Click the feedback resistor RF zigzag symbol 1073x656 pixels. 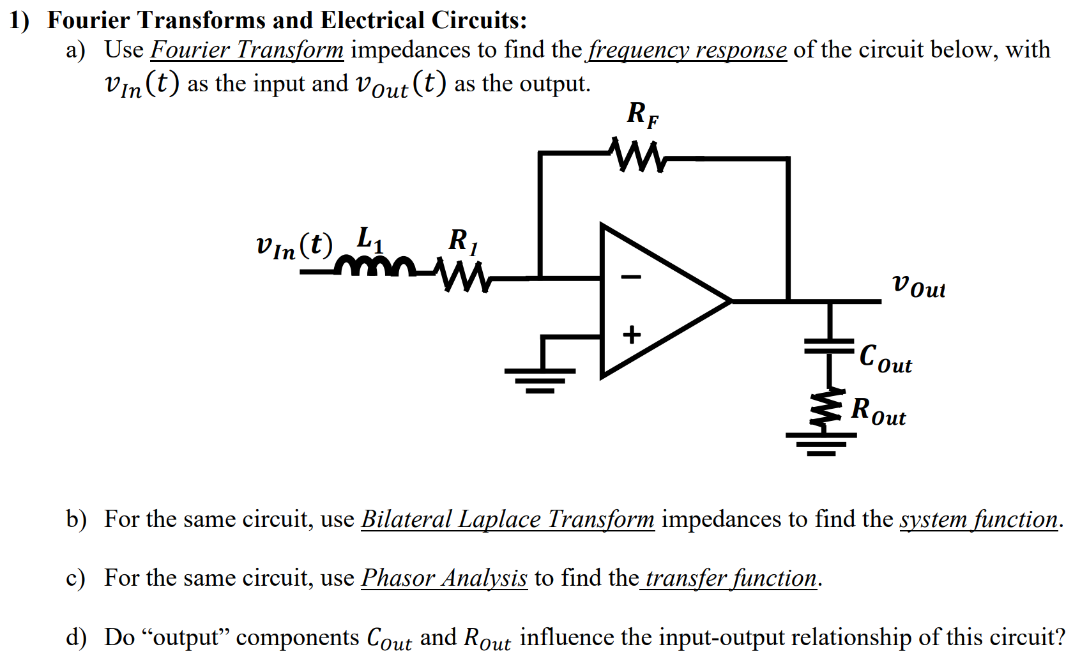click(637, 155)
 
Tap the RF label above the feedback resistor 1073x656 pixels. click(642, 115)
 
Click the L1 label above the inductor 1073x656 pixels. click(370, 239)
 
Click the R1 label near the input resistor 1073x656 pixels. click(462, 241)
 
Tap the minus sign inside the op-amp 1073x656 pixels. click(632, 277)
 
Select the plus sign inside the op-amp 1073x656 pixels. click(632, 334)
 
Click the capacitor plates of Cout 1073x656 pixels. click(829, 346)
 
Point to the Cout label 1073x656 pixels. click(885, 358)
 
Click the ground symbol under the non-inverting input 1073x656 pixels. click(540, 379)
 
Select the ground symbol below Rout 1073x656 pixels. click(821, 443)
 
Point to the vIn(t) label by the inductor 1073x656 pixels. click(294, 246)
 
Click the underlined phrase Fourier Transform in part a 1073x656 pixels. click(247, 50)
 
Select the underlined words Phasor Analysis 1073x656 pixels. click(444, 578)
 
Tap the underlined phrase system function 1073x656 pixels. click(978, 519)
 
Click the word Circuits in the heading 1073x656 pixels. click(477, 20)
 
